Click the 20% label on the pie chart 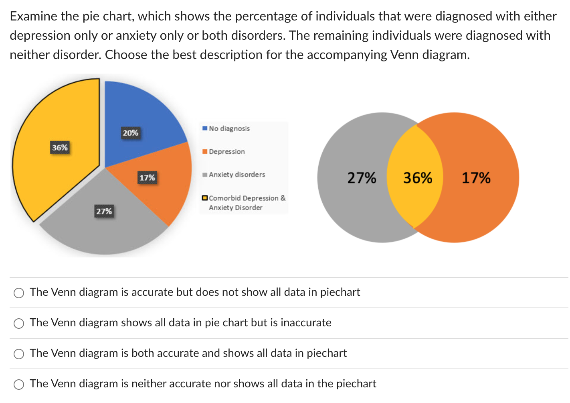point(130,133)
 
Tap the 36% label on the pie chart point(60,148)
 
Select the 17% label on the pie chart point(147,177)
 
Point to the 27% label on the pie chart point(104,211)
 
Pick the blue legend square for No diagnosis point(205,128)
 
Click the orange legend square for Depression point(205,152)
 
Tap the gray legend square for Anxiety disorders point(205,175)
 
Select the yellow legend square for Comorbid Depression point(205,198)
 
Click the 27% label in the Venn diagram point(362,178)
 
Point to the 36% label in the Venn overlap point(418,178)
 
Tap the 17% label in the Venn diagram point(476,178)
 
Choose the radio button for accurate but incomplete point(19,293)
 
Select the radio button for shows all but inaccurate point(19,324)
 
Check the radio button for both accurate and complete point(19,354)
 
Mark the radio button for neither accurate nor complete point(19,385)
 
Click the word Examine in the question point(33,16)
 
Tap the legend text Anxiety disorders point(237,175)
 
